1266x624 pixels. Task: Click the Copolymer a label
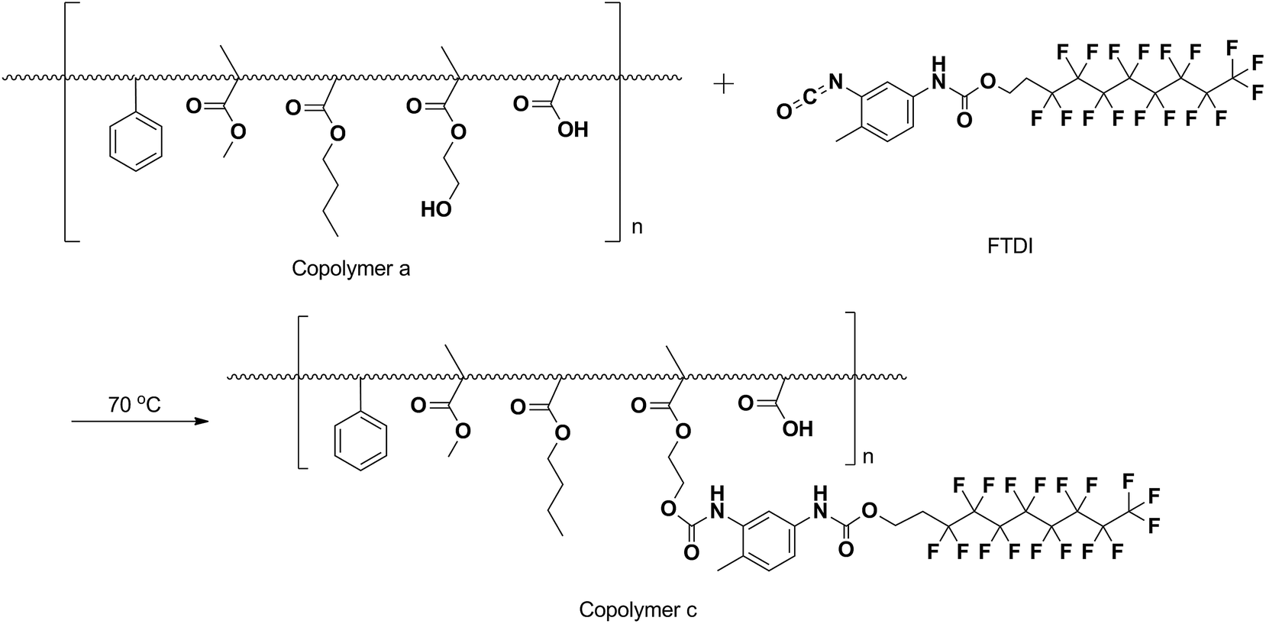(350, 269)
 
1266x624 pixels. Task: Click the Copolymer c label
(638, 609)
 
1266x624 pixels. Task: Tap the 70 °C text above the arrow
(134, 405)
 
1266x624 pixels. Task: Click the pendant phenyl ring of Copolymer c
(361, 441)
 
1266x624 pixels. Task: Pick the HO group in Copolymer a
(436, 209)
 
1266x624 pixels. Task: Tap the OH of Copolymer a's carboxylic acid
(573, 130)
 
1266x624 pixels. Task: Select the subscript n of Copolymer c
(867, 457)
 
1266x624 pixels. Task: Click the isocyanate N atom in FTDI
(834, 81)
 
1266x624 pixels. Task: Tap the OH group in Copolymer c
(797, 429)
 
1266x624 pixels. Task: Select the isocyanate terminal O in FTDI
(783, 113)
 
